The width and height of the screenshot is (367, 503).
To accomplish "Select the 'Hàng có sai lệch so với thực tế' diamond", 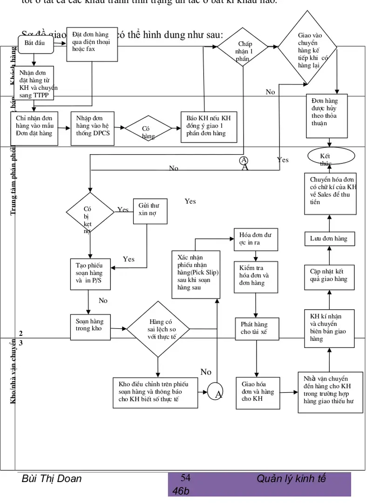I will [158, 329].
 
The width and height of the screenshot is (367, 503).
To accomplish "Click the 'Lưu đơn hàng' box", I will [329, 238].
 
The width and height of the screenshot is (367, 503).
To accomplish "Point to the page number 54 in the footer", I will [185, 477].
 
